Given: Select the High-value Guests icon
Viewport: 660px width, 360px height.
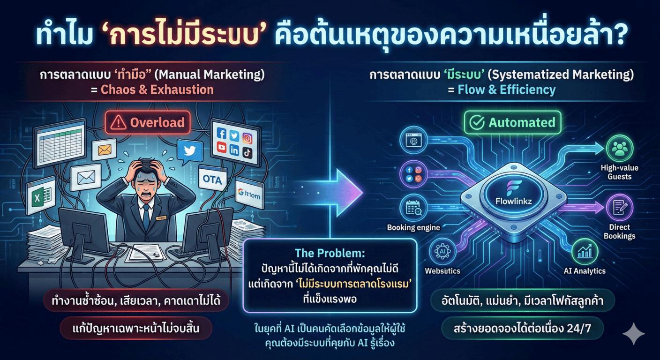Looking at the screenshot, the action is pyautogui.click(x=620, y=149).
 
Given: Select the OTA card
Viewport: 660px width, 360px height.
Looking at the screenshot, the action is pyautogui.click(x=213, y=180).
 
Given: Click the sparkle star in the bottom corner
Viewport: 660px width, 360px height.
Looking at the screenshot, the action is pyautogui.click(x=634, y=333).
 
